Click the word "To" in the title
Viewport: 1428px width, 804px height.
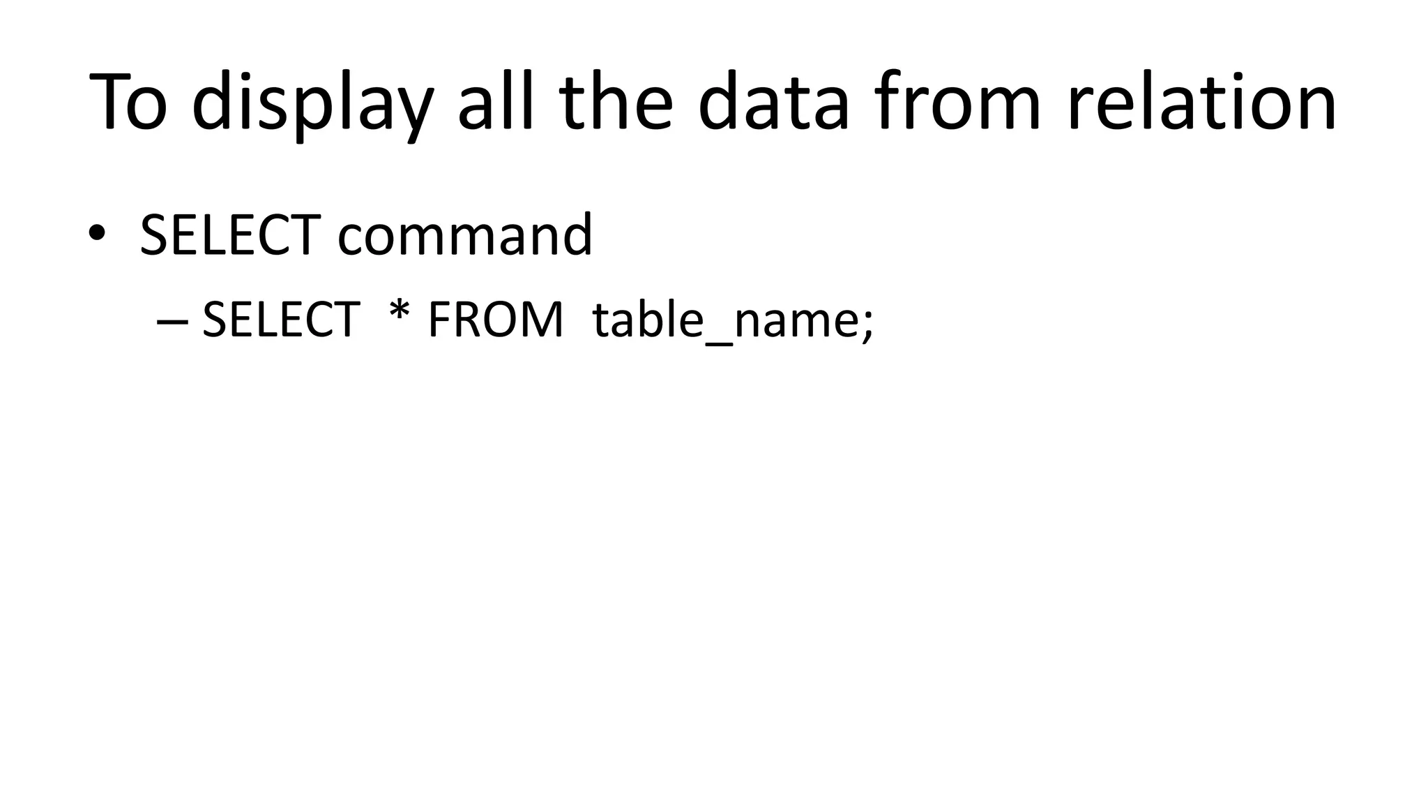129,102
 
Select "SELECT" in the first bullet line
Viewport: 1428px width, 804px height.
230,235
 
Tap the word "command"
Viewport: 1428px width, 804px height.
465,235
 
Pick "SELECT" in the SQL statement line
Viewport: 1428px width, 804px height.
280,320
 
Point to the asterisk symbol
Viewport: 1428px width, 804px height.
400,311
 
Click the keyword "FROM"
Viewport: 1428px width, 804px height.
495,320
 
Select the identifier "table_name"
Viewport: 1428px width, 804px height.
725,320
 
